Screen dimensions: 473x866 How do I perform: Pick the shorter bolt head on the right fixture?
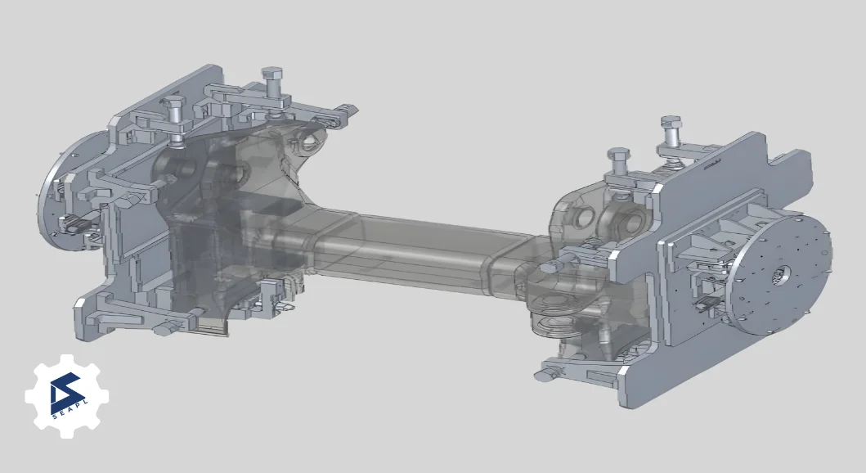tap(617, 155)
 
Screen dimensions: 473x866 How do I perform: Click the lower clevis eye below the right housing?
tap(556, 325)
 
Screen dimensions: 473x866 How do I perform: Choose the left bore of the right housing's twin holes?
tap(584, 216)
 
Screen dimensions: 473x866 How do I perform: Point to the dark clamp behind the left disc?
tap(78, 222)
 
